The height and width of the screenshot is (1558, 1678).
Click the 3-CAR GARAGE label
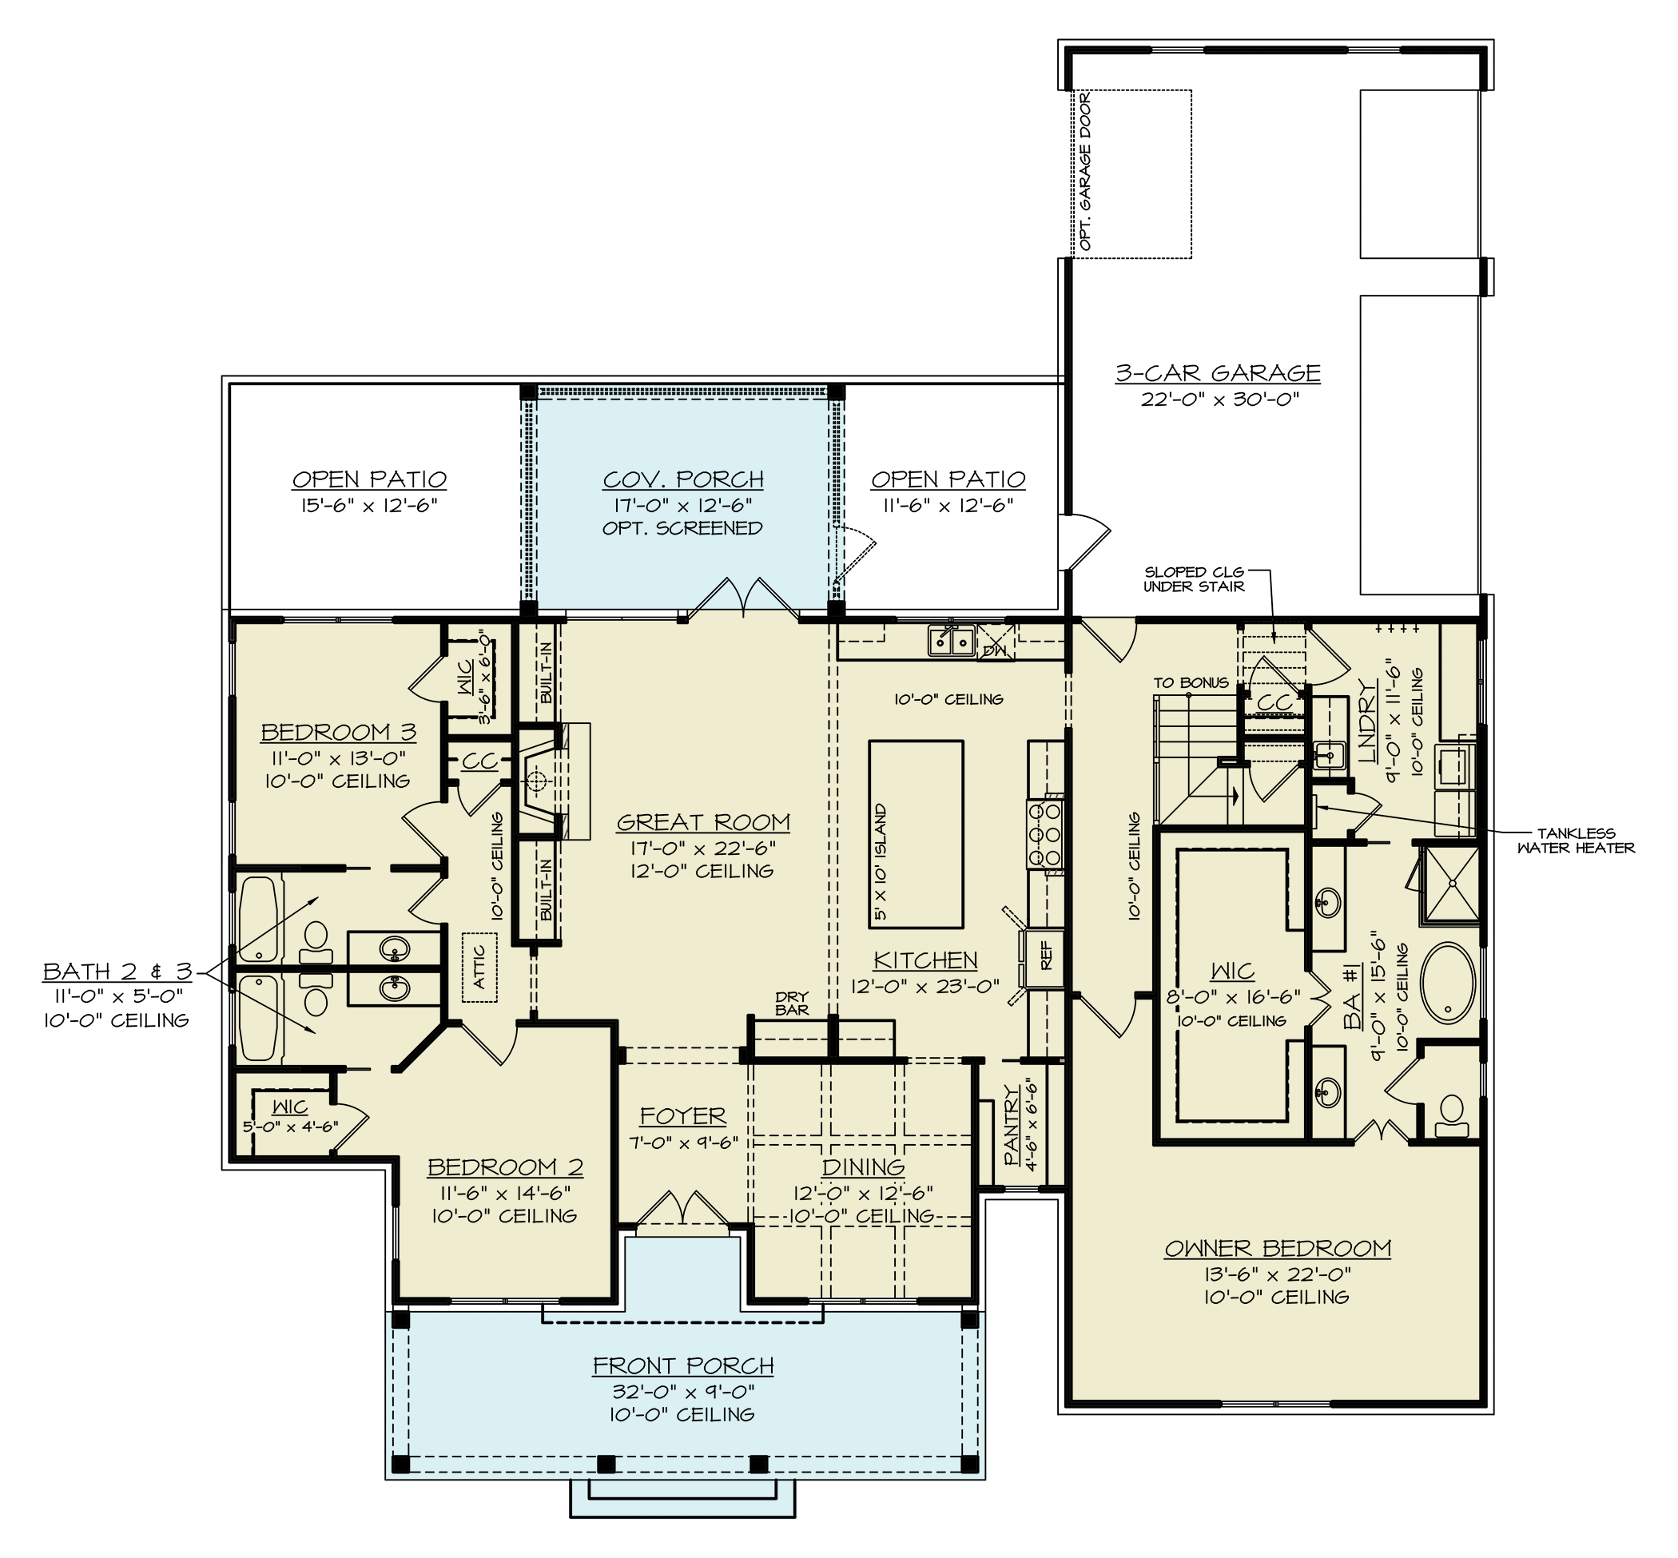point(1218,372)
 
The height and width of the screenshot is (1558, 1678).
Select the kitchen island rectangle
point(916,833)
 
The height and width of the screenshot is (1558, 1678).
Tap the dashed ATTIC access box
point(479,966)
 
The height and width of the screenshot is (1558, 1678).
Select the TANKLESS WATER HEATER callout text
point(1575,841)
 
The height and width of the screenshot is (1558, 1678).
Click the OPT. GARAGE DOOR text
point(1085,172)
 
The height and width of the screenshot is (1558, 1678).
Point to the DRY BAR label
point(791,1004)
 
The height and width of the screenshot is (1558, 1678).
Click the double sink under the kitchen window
point(951,641)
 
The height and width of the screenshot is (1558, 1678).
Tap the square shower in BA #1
point(1450,885)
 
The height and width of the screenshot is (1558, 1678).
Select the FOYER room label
point(682,1115)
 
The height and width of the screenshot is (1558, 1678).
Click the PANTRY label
point(1012,1126)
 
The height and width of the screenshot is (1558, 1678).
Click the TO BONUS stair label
point(1191,682)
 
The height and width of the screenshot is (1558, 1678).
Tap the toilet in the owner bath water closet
point(1450,1110)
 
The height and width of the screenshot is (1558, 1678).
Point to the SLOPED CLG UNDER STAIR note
point(1193,579)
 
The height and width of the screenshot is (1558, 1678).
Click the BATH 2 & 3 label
point(117,972)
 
